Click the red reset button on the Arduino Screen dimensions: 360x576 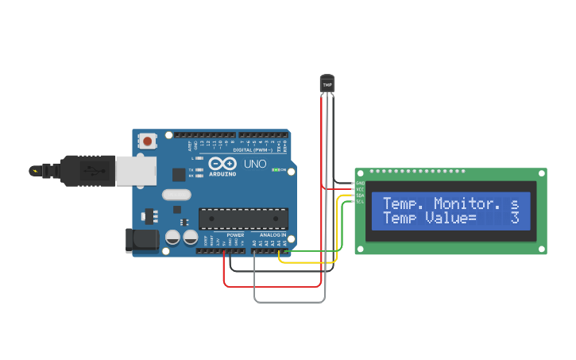coord(147,141)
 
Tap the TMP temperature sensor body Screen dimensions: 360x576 coord(327,83)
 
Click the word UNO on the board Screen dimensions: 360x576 coord(254,164)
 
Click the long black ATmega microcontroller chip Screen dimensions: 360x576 coord(243,218)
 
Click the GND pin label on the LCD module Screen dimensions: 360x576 coord(360,183)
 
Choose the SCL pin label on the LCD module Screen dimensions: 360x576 coord(360,201)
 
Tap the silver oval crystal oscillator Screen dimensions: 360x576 coord(177,194)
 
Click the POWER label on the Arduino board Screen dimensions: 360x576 coord(235,235)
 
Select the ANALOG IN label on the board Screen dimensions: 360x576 coord(273,235)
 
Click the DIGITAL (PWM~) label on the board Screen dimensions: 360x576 coord(253,149)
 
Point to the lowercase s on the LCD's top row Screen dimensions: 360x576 coord(515,203)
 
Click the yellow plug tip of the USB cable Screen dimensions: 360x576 coord(35,170)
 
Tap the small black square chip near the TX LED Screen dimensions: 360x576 coord(180,174)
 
